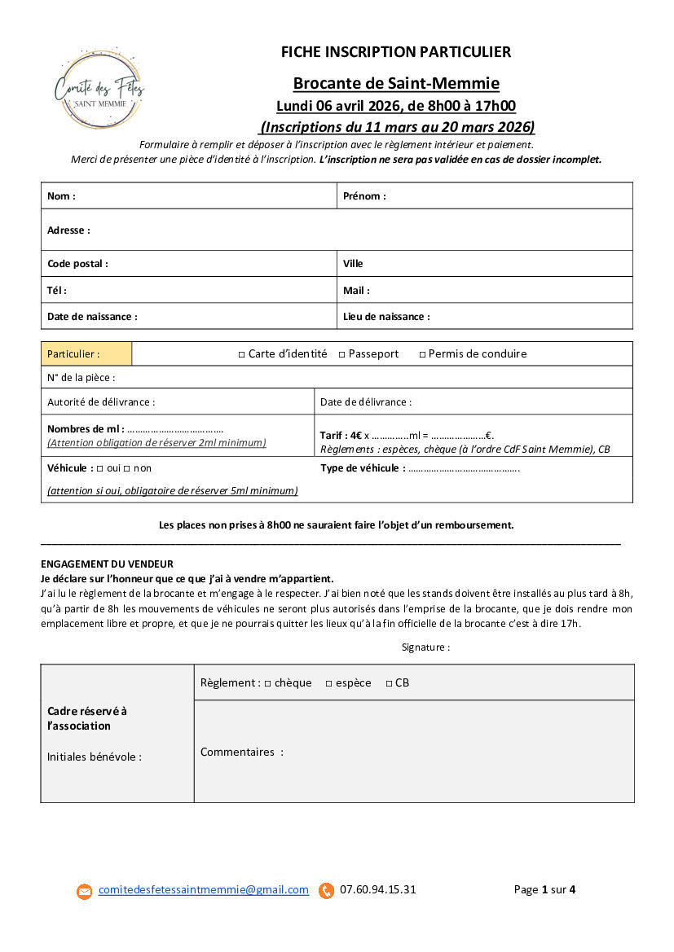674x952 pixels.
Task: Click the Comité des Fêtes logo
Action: (x=99, y=88)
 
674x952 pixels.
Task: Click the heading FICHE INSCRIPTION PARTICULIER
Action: (x=396, y=52)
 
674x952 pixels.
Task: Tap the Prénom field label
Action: (x=364, y=196)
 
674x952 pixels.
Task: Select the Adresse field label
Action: (x=68, y=230)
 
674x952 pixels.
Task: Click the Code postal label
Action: (x=77, y=264)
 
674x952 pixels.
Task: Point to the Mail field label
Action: (x=356, y=291)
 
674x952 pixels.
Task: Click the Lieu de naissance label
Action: (x=386, y=317)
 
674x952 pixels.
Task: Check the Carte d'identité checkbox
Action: (x=241, y=354)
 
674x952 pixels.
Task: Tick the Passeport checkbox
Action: (x=342, y=354)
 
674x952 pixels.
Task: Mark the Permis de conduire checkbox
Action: (x=422, y=354)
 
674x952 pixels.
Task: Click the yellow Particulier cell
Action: (x=86, y=354)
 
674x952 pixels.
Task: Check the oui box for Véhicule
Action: (x=100, y=468)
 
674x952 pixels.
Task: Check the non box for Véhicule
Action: (x=127, y=468)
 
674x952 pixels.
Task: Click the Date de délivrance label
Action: (x=366, y=402)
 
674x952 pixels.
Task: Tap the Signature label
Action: (x=425, y=647)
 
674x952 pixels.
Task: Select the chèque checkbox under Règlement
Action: (x=267, y=683)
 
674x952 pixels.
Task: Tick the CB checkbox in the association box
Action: (x=389, y=683)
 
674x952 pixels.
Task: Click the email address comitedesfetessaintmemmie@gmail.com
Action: (x=204, y=890)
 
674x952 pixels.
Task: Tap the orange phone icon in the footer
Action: (x=327, y=891)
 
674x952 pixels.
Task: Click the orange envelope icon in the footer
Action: (x=85, y=892)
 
